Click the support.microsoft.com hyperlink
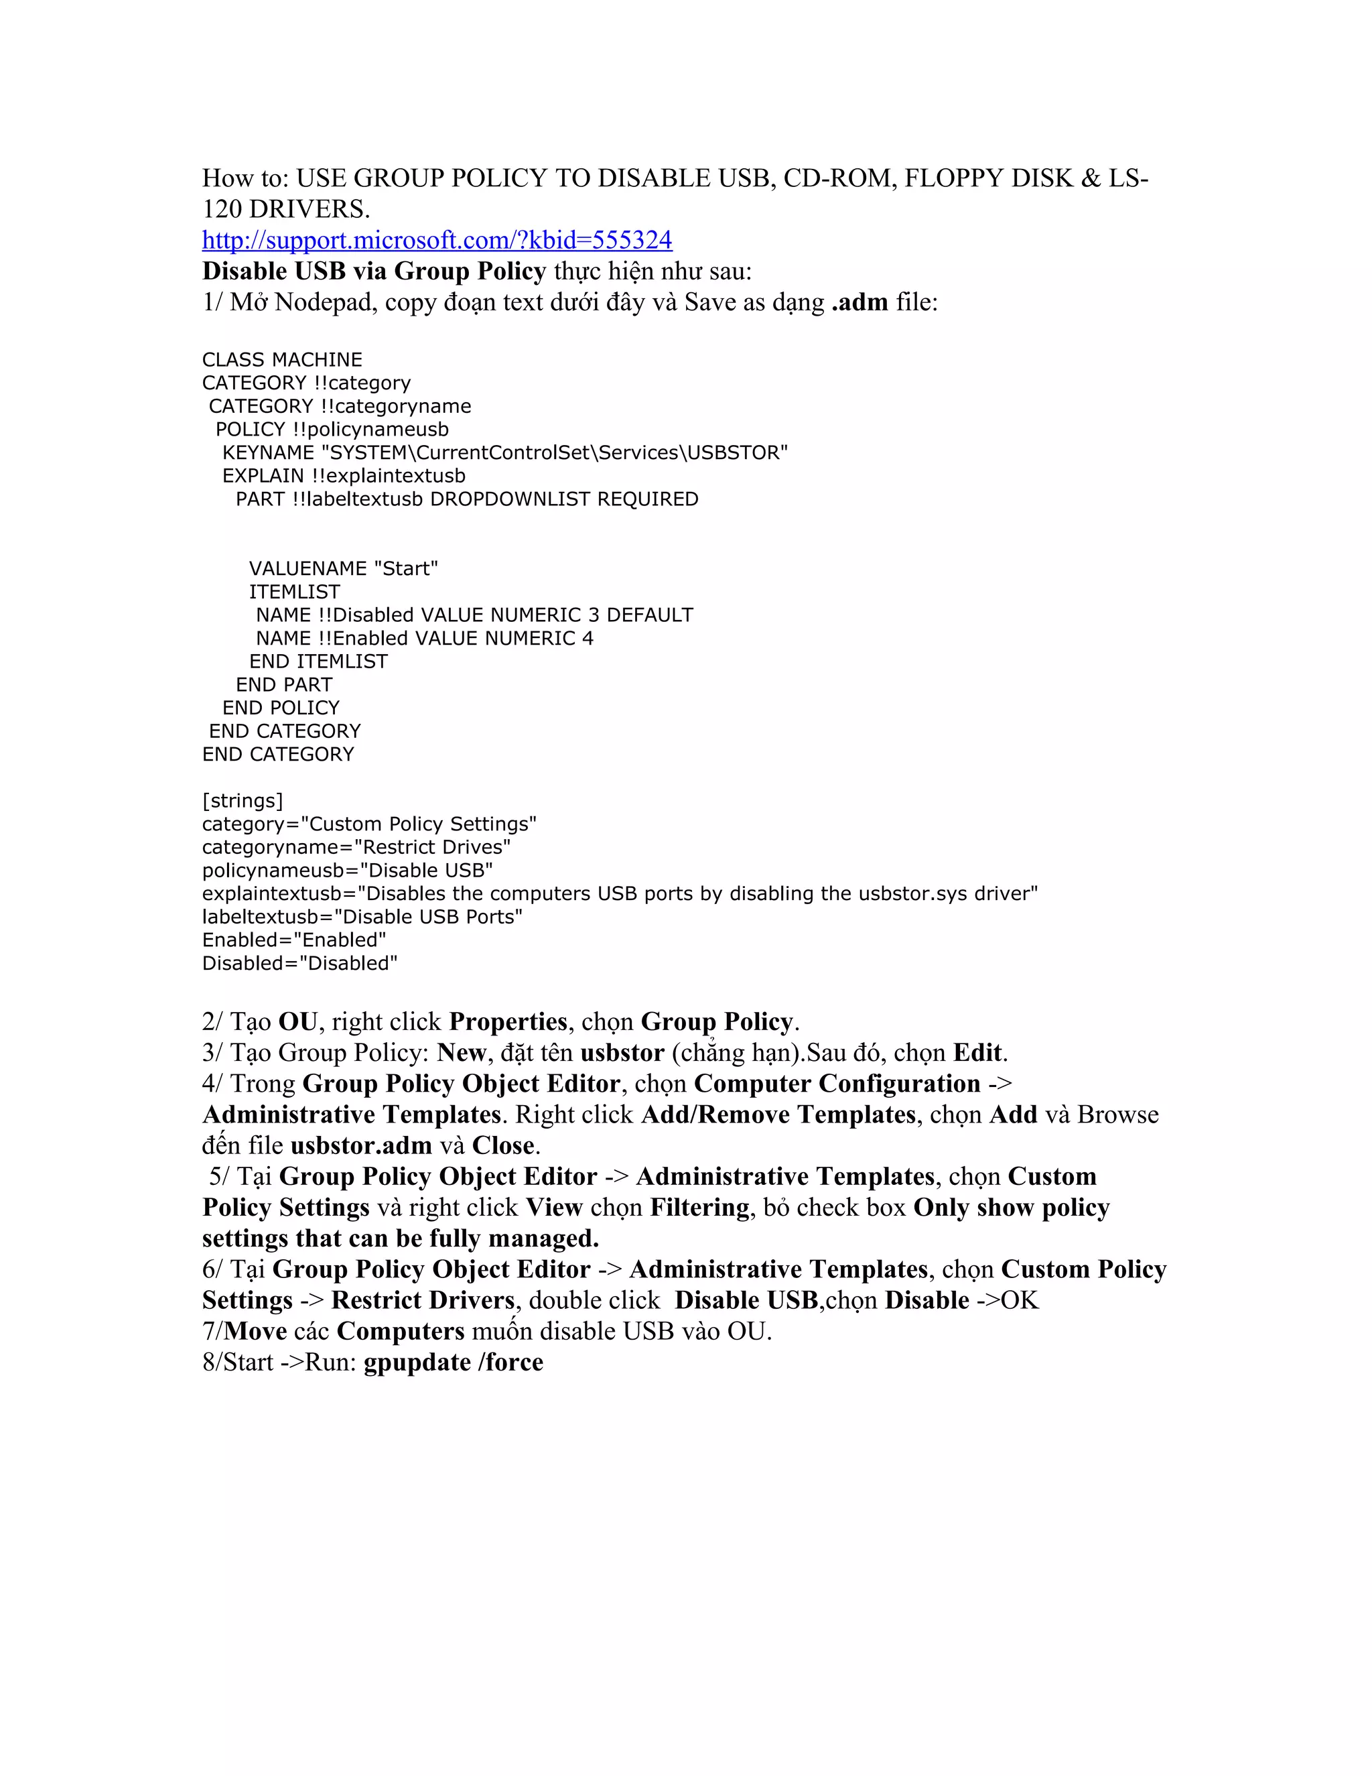(437, 240)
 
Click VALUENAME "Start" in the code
(343, 568)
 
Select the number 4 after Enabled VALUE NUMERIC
(588, 638)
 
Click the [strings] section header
(243, 801)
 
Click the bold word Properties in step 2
(508, 1021)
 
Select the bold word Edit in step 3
(979, 1052)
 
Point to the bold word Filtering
(699, 1207)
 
